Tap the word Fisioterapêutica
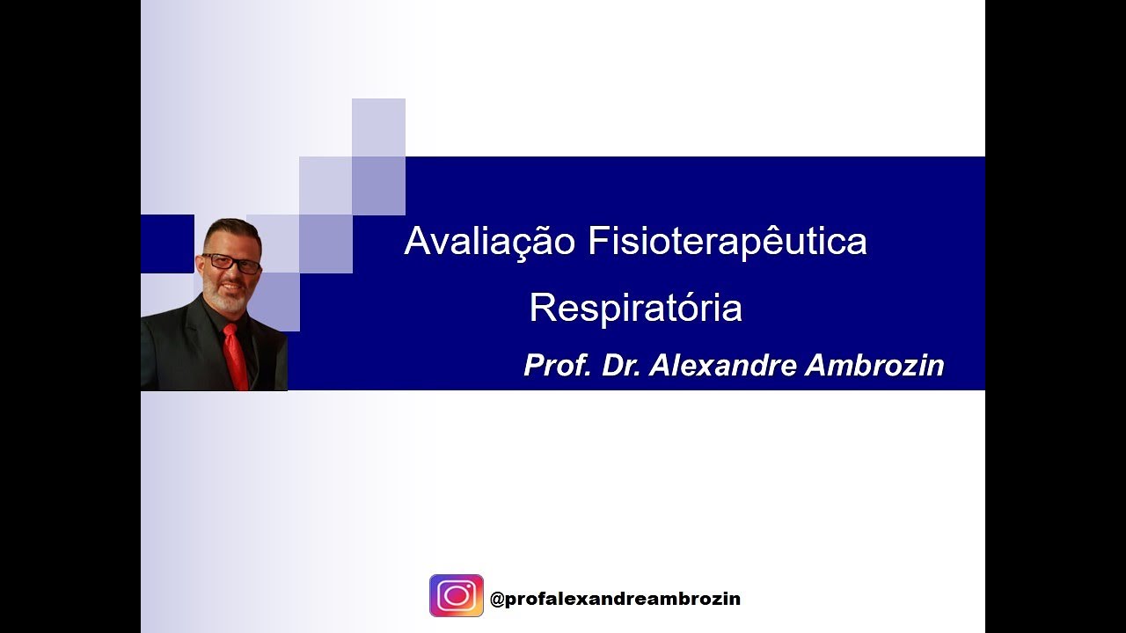(727, 242)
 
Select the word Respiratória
(635, 308)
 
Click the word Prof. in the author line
(557, 365)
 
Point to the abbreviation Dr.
(621, 365)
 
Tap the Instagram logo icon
(456, 595)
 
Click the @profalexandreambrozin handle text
(615, 599)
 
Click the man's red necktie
(235, 356)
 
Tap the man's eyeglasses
(231, 263)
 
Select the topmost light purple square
(378, 127)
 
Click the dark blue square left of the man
(166, 244)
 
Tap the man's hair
(232, 230)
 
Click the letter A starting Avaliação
(416, 242)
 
